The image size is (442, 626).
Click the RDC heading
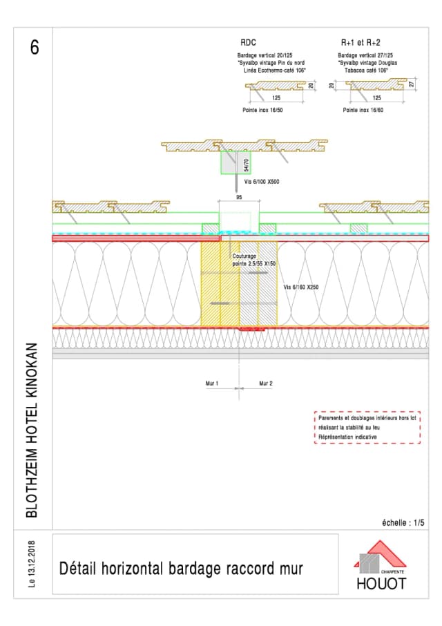point(248,42)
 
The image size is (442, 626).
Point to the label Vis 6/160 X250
point(302,286)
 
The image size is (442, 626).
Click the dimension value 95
point(239,197)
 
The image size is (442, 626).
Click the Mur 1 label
point(212,383)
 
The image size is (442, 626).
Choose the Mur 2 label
point(266,383)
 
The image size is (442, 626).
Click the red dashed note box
point(367,428)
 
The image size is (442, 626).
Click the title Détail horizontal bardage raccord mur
point(181,569)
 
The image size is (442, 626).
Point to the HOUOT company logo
point(380,566)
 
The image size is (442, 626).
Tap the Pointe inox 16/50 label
point(262,110)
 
